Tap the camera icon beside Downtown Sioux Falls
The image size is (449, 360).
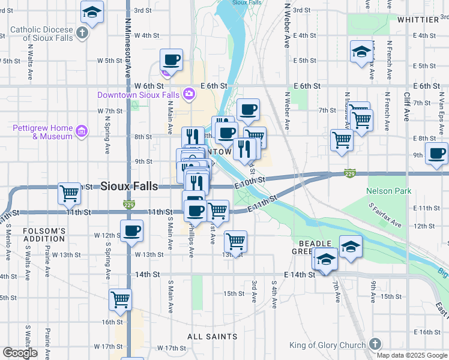coord(189,94)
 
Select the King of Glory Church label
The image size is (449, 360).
coord(327,345)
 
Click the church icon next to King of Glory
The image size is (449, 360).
coord(375,344)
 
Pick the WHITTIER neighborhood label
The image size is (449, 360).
coord(418,20)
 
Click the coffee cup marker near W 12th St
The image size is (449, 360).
coord(131,230)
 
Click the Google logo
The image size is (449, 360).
coord(20,353)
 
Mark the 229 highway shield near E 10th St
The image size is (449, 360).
coord(350,173)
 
